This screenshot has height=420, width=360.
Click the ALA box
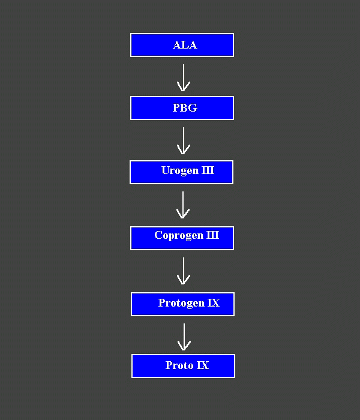point(182,45)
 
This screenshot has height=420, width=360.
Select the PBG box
point(182,108)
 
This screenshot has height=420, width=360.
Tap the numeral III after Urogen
point(207,171)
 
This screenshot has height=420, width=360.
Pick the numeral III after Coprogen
point(212,235)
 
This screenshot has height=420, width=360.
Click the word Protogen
point(181,303)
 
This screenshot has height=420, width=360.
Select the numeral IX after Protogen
point(214,303)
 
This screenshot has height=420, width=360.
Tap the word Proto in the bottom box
point(179,365)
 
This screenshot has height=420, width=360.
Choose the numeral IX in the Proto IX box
point(203,365)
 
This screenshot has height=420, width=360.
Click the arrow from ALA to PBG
point(184,77)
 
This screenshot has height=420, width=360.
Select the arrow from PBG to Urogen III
point(184,140)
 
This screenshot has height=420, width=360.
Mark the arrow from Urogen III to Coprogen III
point(183,205)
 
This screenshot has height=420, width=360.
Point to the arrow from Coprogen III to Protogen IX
point(184,271)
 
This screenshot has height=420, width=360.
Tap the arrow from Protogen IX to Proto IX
point(184,337)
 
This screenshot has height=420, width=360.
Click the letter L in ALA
point(185,45)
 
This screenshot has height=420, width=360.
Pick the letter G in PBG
point(193,108)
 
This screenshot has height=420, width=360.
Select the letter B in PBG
point(184,108)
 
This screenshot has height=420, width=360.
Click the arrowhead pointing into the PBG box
point(184,87)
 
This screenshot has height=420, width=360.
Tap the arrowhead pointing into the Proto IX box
point(184,346)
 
